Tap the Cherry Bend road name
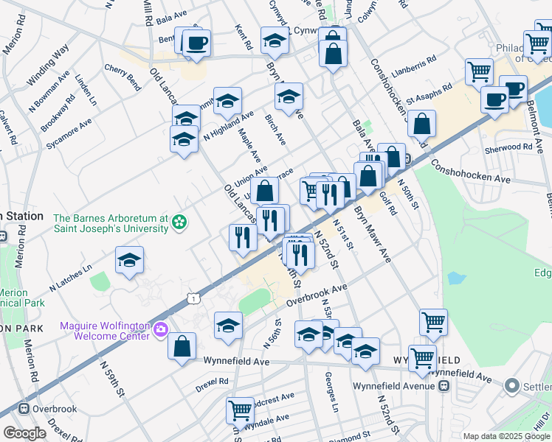click(x=123, y=77)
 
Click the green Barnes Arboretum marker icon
click(x=179, y=221)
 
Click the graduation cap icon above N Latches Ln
click(x=129, y=261)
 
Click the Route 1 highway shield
click(x=193, y=298)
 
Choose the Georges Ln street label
click(x=331, y=390)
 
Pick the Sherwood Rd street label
click(x=517, y=147)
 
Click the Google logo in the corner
click(x=24, y=433)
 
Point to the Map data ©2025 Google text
click(x=506, y=436)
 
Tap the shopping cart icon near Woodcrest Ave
click(x=241, y=410)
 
